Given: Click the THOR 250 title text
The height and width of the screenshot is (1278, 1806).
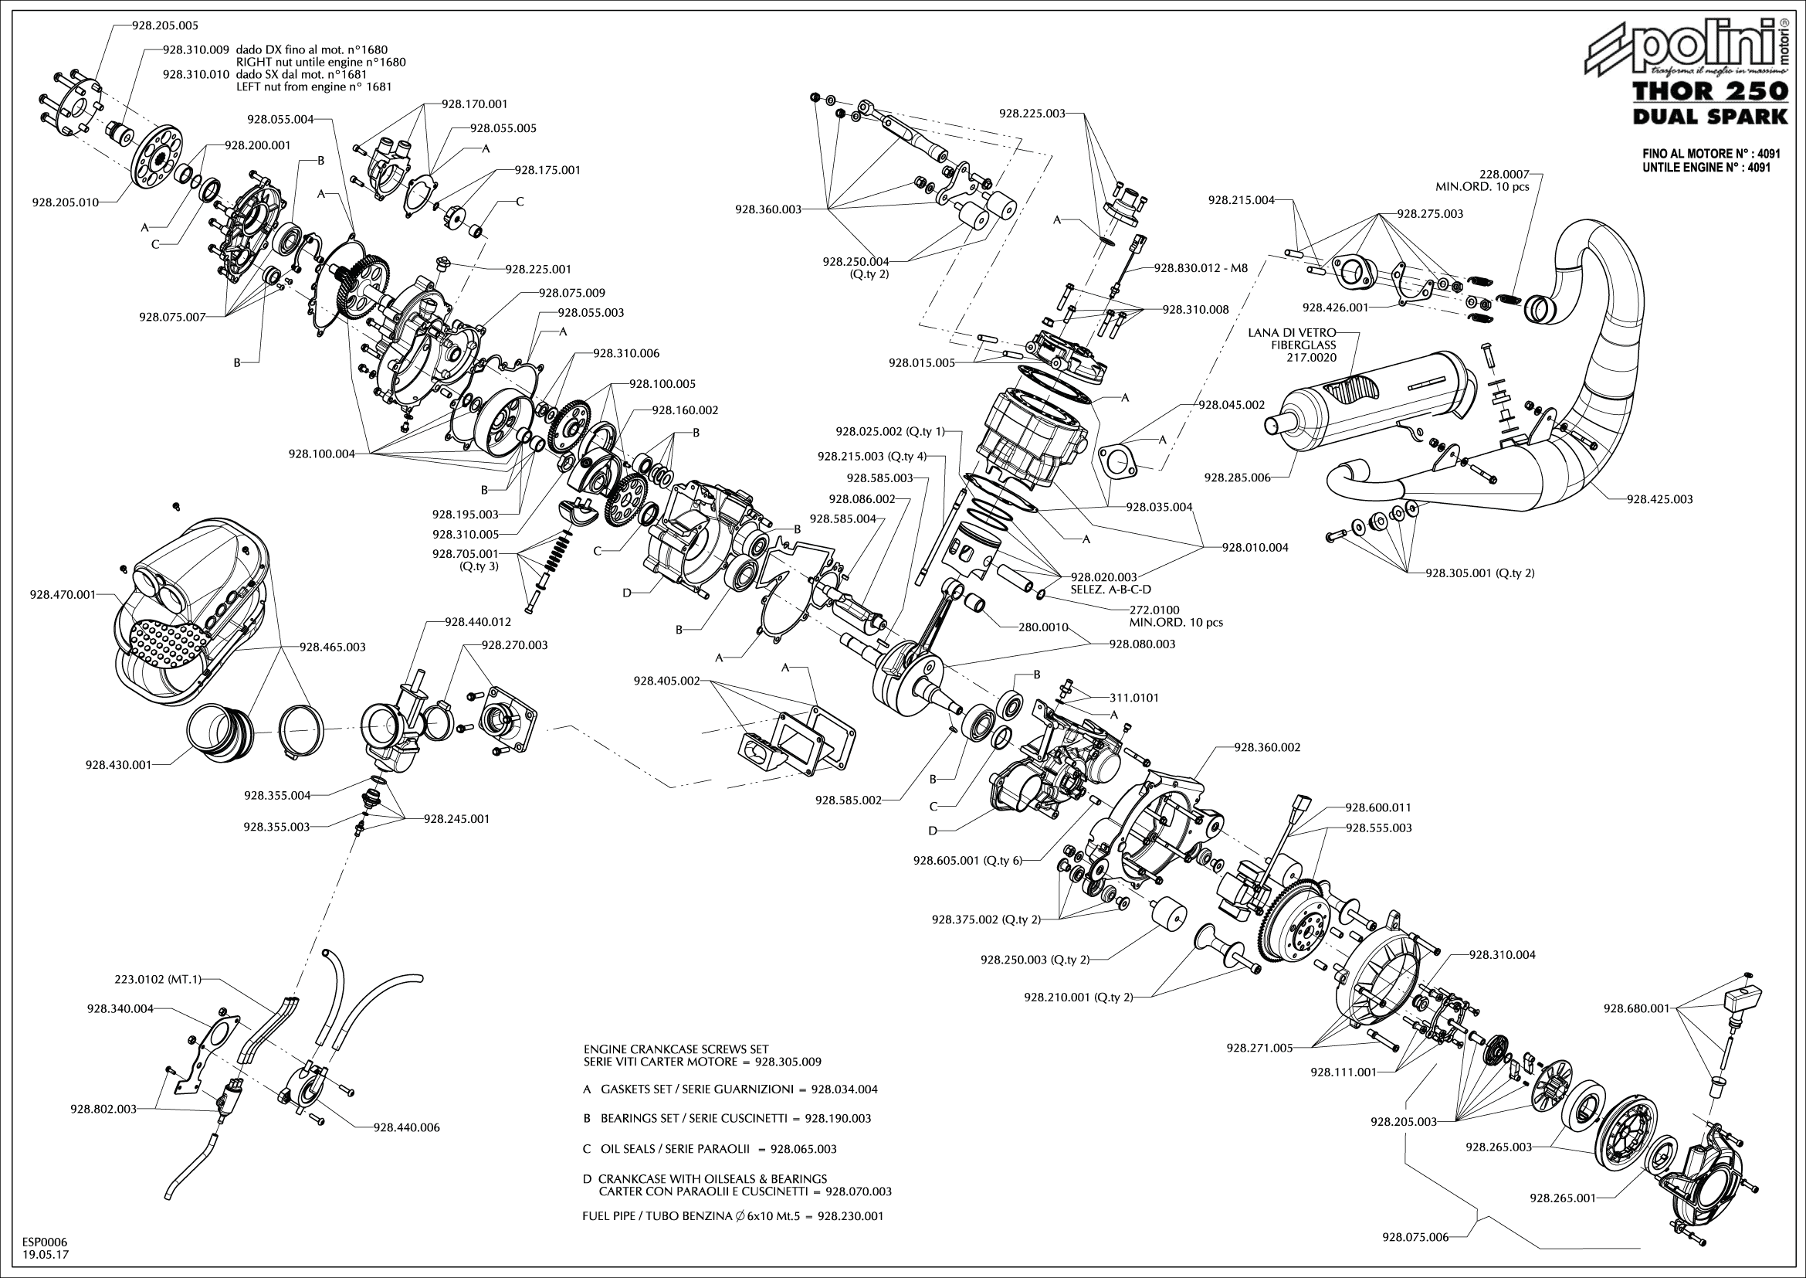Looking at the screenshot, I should [x=1711, y=92].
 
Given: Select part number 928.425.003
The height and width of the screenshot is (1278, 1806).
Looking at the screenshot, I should [x=1660, y=499].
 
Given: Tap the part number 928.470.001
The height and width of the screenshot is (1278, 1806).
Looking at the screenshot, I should [x=62, y=594].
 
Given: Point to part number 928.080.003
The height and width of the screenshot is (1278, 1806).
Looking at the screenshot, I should [x=1142, y=644].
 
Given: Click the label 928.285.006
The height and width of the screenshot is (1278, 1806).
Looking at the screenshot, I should [x=1237, y=478].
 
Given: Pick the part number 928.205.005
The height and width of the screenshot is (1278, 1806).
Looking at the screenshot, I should [x=165, y=25].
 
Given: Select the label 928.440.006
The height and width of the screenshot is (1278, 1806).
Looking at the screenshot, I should [x=407, y=1127].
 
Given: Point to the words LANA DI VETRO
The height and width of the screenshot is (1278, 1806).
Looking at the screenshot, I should [x=1292, y=333].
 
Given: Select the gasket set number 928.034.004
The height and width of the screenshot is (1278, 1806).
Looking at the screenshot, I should [x=844, y=1090].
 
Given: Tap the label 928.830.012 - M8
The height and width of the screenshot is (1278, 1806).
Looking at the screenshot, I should [x=1201, y=267].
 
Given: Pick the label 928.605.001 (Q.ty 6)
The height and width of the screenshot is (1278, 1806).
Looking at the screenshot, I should [x=967, y=860].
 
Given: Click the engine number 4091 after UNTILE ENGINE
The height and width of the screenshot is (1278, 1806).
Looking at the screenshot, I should [x=1759, y=168].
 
